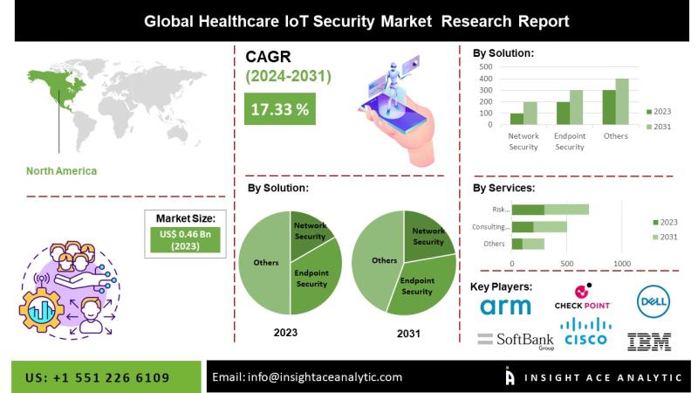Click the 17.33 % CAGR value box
(x=280, y=110)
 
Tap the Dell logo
(x=653, y=301)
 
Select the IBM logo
(x=649, y=341)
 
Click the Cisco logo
(x=585, y=333)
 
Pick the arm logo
(x=505, y=306)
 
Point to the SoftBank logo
(x=516, y=340)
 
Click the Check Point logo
(x=583, y=299)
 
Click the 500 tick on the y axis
(x=485, y=66)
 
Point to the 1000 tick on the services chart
(x=622, y=263)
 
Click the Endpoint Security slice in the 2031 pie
(x=421, y=285)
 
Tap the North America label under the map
(x=62, y=170)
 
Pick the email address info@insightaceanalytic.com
(x=308, y=377)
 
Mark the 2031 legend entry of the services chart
(x=665, y=238)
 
